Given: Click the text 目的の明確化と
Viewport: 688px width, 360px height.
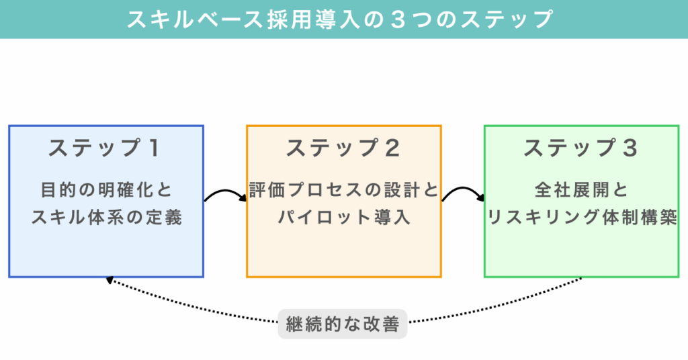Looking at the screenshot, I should coord(106,190).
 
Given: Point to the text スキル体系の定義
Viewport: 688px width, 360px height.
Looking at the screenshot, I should coord(106,218).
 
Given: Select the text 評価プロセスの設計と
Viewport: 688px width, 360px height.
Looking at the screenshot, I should coord(343,190).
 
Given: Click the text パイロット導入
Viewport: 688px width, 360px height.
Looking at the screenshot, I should coord(343,218).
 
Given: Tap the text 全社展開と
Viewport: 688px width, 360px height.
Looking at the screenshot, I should coord(581,190).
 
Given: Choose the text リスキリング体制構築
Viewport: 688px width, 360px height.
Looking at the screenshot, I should coord(581,218).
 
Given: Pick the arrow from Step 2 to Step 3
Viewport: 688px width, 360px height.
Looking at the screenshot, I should coord(463,194).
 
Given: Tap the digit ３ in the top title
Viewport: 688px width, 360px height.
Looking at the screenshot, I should coord(396,19).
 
